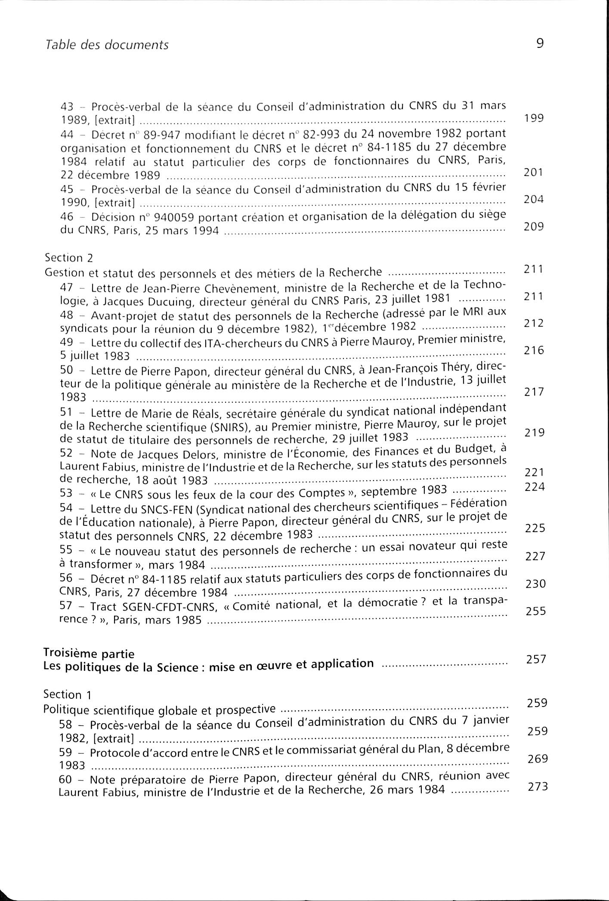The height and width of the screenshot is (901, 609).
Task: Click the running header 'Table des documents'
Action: [107, 45]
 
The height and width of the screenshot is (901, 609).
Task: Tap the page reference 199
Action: [534, 118]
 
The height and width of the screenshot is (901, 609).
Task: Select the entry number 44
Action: [67, 135]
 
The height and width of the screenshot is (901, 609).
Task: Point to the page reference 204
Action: [534, 199]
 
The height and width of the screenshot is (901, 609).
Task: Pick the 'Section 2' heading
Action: [69, 258]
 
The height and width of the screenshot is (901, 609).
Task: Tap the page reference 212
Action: [534, 323]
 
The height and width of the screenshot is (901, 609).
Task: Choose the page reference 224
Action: [535, 487]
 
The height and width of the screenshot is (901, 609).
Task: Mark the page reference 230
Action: [535, 584]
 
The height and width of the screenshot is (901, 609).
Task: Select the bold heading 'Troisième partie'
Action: [89, 654]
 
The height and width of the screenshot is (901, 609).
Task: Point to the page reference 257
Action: [536, 659]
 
